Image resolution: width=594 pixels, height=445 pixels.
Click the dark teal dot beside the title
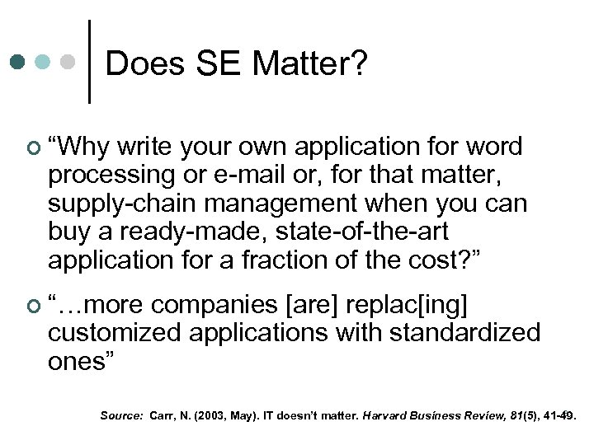click(x=18, y=62)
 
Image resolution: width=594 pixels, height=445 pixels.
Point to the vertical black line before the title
click(x=89, y=63)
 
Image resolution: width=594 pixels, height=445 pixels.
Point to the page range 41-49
click(x=557, y=416)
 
